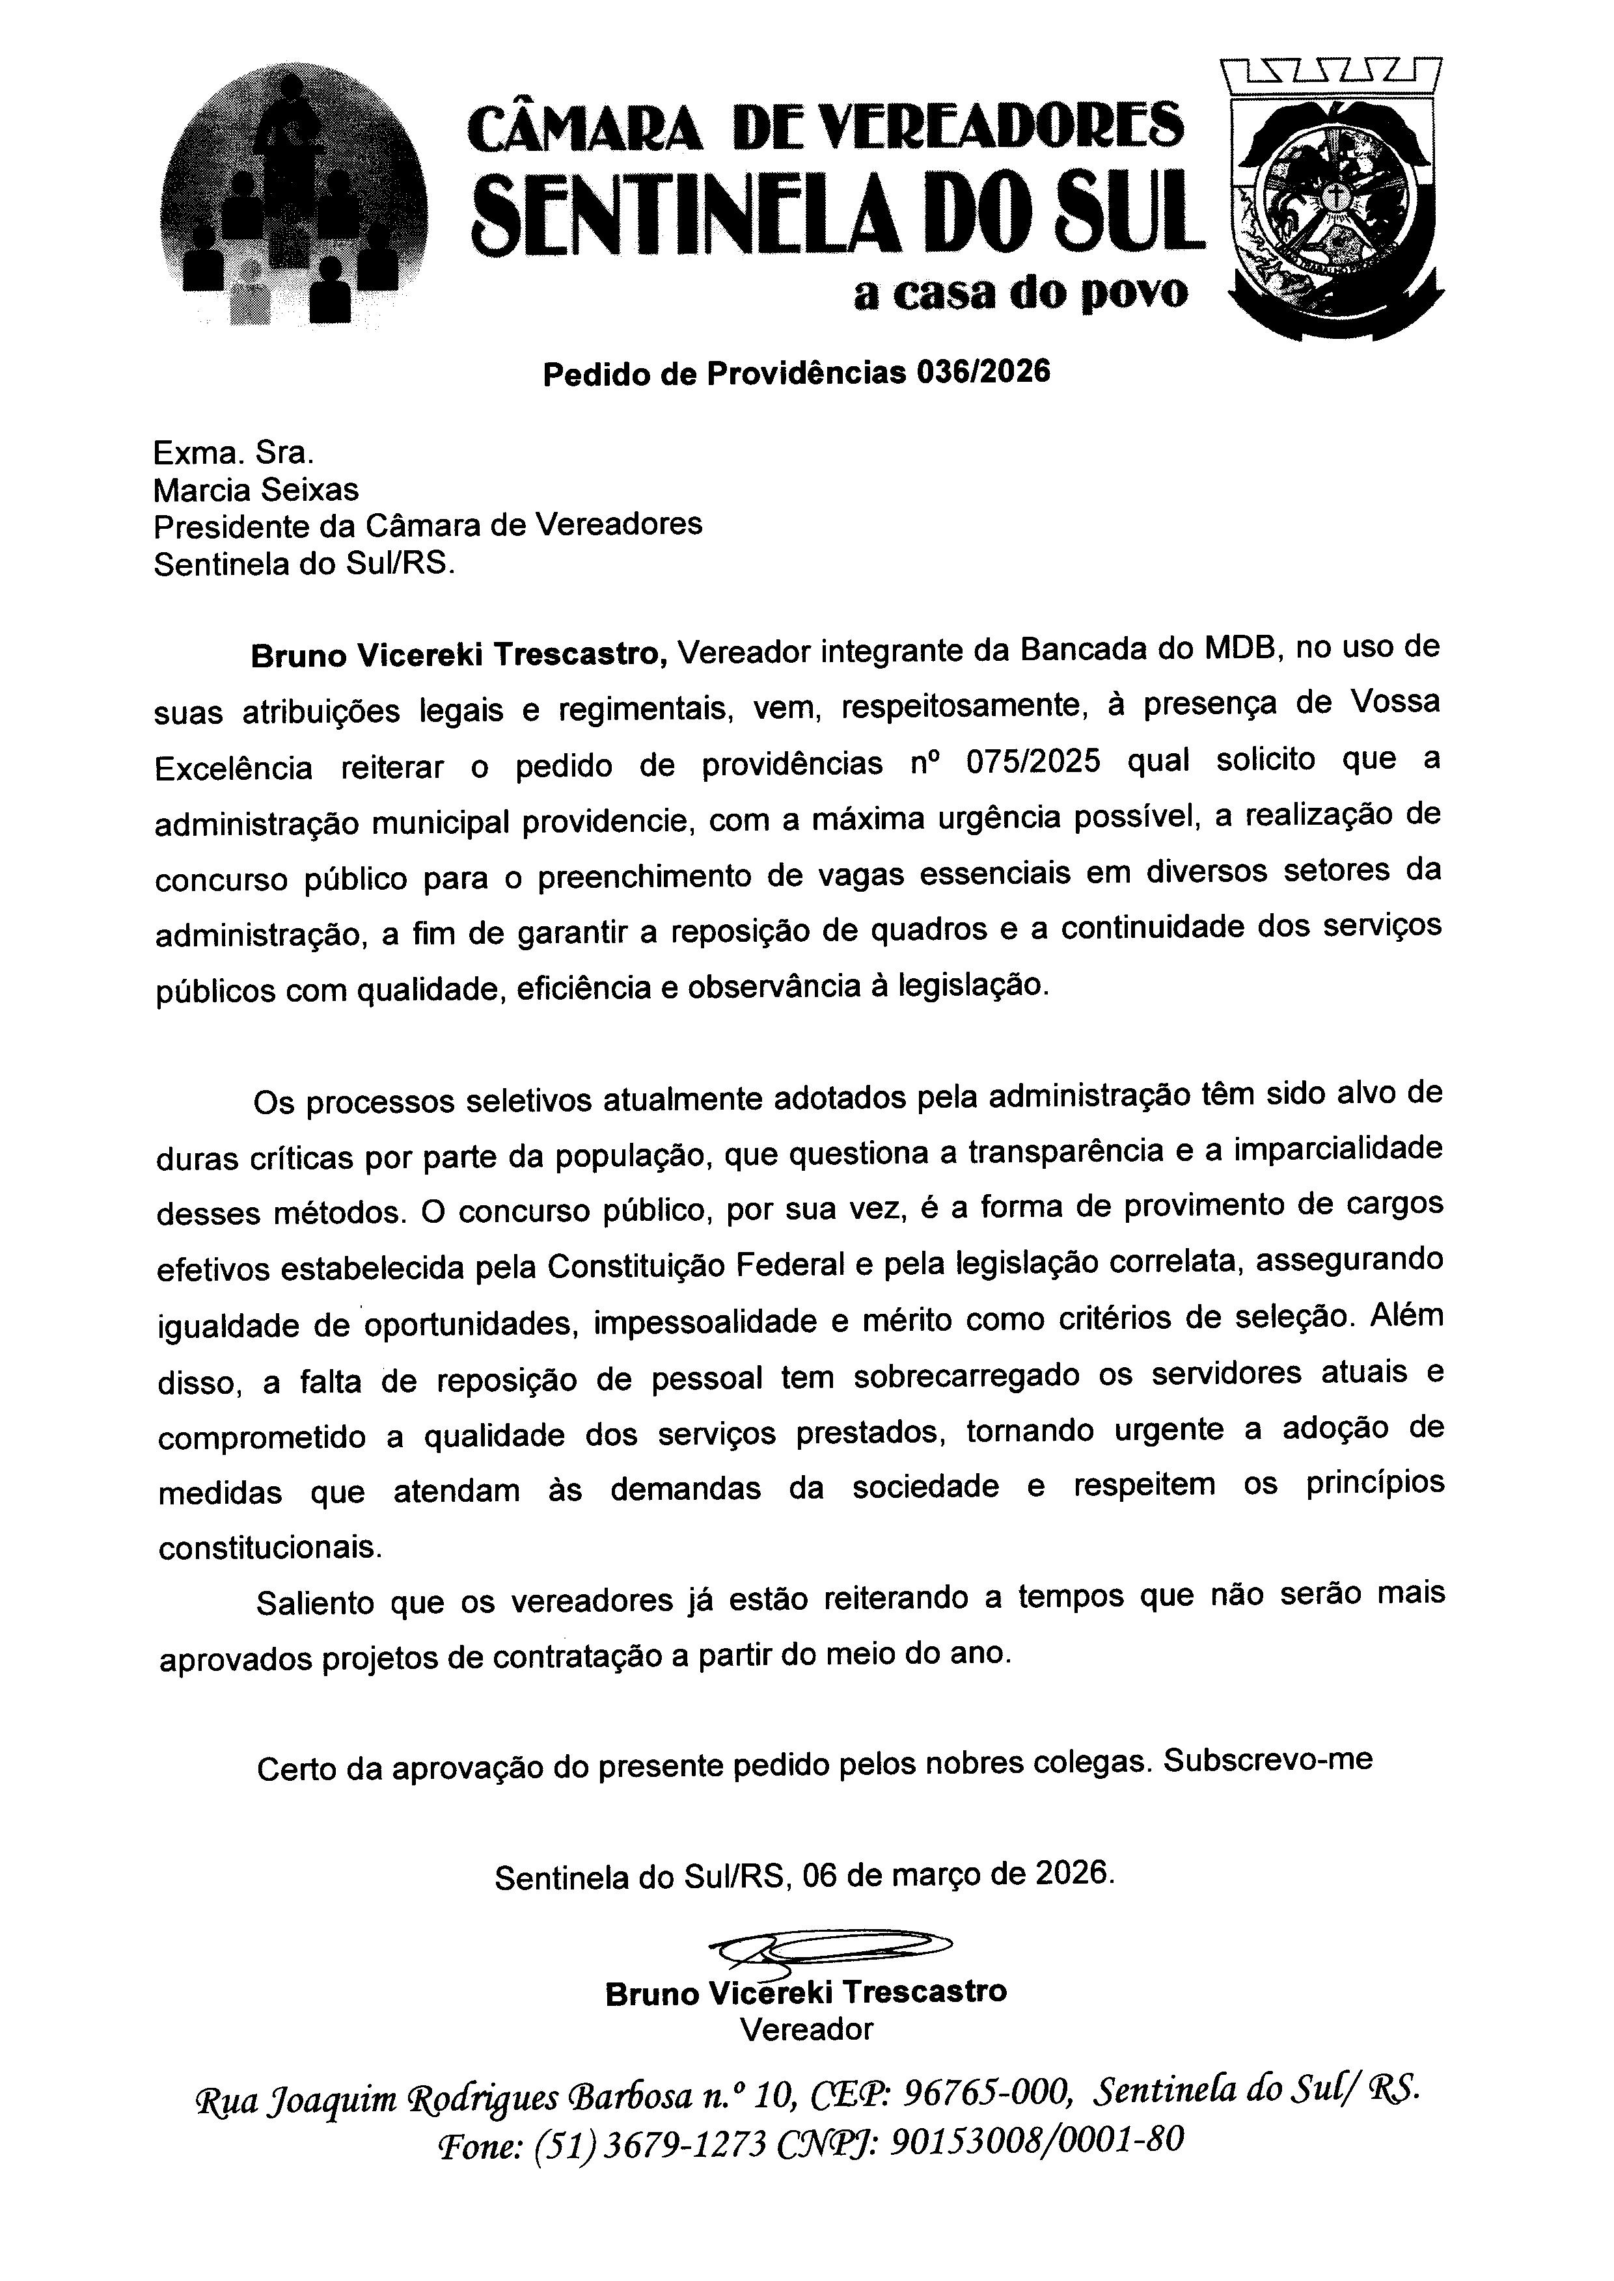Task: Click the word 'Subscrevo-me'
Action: coord(1268,1759)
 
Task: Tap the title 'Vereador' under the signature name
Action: coord(806,2029)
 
